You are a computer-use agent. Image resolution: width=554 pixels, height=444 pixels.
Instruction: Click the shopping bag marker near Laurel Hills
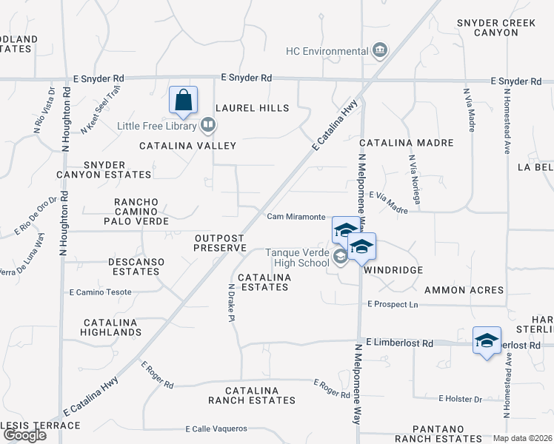tap(183, 100)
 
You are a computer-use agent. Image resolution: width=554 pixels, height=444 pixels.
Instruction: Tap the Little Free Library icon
tap(209, 126)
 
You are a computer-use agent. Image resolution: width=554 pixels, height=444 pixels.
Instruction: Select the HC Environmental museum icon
tap(380, 50)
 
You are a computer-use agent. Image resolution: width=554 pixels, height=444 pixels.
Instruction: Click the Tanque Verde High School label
tap(298, 258)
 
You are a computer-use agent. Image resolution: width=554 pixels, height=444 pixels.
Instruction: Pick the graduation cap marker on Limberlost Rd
tap(487, 340)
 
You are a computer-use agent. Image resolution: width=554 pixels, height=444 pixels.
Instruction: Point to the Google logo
tap(24, 434)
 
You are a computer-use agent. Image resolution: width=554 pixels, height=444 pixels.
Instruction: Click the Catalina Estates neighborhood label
tap(260, 282)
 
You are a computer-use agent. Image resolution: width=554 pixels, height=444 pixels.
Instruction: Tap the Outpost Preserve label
tap(220, 243)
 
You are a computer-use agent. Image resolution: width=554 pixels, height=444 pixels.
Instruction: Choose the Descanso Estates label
tap(134, 266)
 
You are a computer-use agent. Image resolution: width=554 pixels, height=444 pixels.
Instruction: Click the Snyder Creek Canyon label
tap(496, 28)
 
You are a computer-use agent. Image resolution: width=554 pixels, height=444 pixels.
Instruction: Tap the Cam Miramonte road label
tap(296, 216)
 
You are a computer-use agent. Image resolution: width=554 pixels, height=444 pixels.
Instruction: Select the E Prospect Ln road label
tap(393, 304)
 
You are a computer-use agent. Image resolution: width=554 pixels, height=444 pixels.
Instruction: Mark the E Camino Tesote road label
tap(100, 292)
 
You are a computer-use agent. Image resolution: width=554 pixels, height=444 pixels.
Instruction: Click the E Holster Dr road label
tap(460, 399)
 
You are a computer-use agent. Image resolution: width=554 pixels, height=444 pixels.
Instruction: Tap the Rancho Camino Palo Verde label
tap(141, 211)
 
